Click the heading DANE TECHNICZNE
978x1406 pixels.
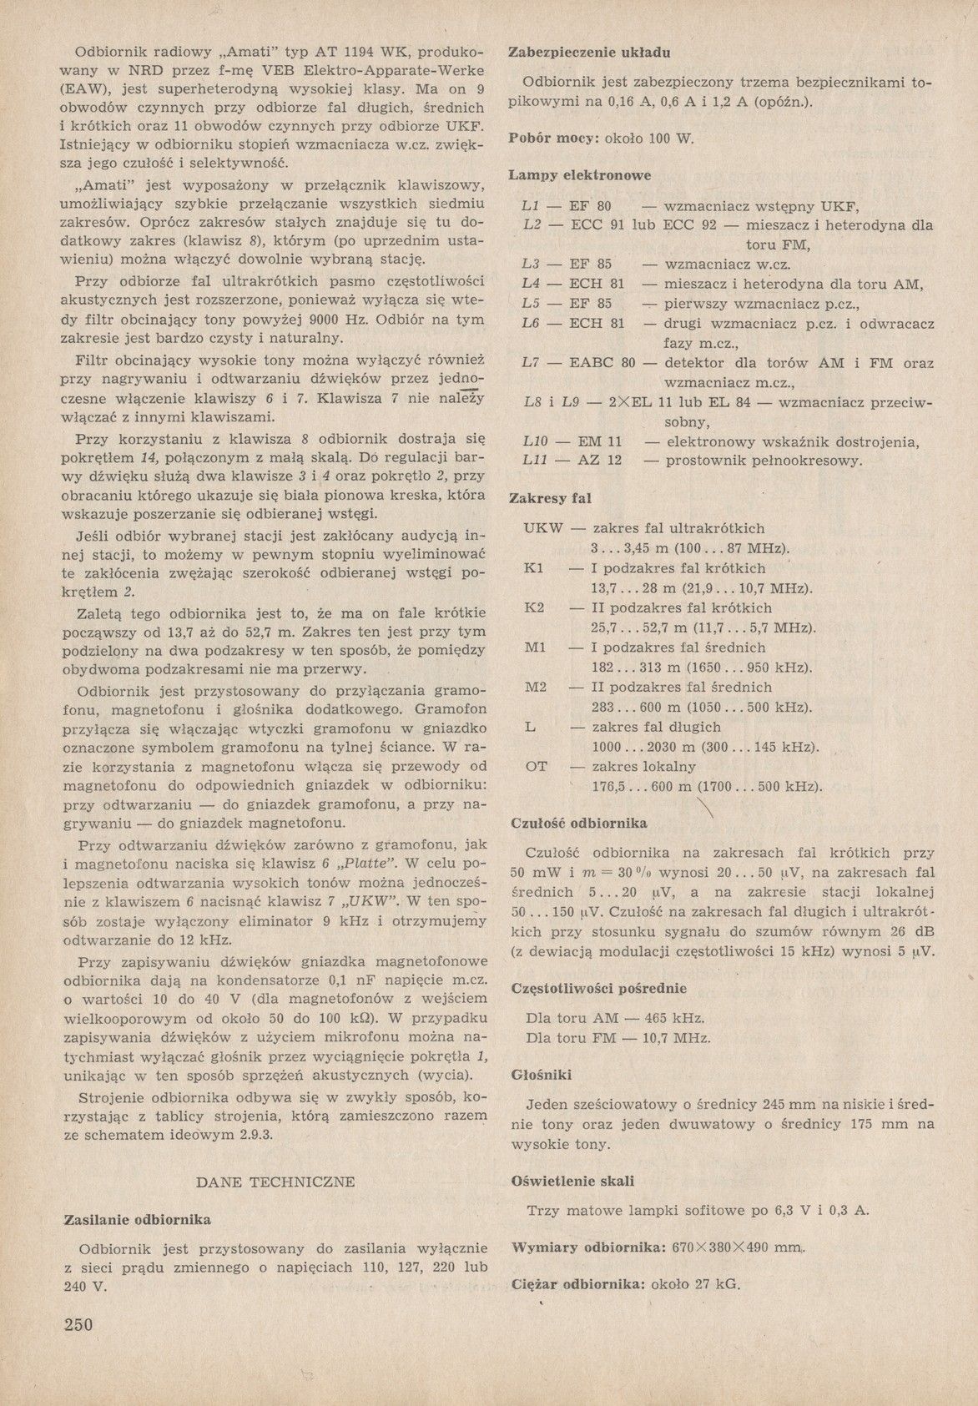(x=275, y=1182)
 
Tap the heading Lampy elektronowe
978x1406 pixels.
(x=580, y=176)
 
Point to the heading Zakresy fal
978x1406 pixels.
(x=550, y=498)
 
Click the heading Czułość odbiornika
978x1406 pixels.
(x=578, y=823)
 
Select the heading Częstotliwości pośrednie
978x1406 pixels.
(x=597, y=989)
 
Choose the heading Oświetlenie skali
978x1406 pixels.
(x=572, y=1181)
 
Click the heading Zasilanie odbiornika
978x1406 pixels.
(x=137, y=1220)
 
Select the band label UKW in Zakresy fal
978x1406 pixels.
(x=543, y=528)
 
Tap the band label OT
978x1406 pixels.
(x=536, y=766)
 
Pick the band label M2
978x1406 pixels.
(x=535, y=687)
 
